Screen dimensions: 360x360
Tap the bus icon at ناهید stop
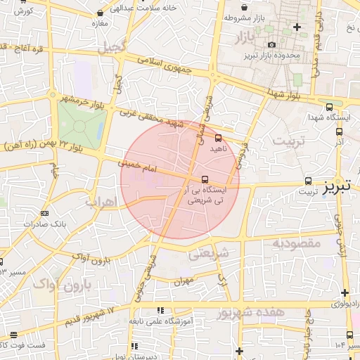[218, 138]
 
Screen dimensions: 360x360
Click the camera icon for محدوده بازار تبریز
[272, 44]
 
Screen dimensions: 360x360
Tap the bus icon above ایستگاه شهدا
[330, 107]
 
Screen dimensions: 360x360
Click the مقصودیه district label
[296, 243]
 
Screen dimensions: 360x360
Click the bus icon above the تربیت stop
[309, 180]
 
